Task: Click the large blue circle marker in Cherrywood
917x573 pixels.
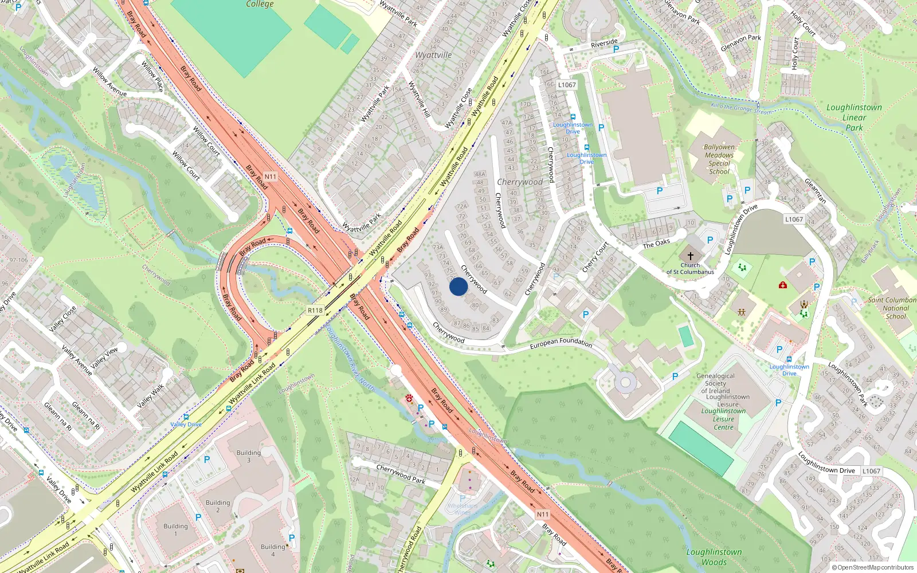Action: [x=458, y=286]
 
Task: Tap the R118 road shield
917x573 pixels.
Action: [x=315, y=310]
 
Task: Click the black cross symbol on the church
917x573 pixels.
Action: [x=690, y=256]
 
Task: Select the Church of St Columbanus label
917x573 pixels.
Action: [x=690, y=268]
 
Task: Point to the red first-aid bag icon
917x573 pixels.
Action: [x=782, y=285]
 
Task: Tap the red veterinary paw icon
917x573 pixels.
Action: [x=409, y=397]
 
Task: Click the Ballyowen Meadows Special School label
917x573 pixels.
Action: [x=719, y=159]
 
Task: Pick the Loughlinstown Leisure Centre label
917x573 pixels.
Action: [x=723, y=419]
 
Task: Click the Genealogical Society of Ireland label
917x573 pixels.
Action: [x=716, y=383]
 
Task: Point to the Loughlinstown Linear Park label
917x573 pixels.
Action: [x=854, y=117]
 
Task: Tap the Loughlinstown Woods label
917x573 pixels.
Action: [x=714, y=556]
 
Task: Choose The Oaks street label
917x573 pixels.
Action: [x=656, y=244]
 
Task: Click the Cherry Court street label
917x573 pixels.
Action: [x=595, y=257]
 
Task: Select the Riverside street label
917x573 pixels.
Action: [x=604, y=43]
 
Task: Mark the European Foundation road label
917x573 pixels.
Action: [x=561, y=343]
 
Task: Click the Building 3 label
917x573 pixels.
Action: [x=248, y=456]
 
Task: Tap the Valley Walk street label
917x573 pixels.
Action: [x=151, y=396]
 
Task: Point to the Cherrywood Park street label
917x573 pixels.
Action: [x=401, y=474]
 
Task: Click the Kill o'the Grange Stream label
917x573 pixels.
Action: [x=740, y=108]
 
